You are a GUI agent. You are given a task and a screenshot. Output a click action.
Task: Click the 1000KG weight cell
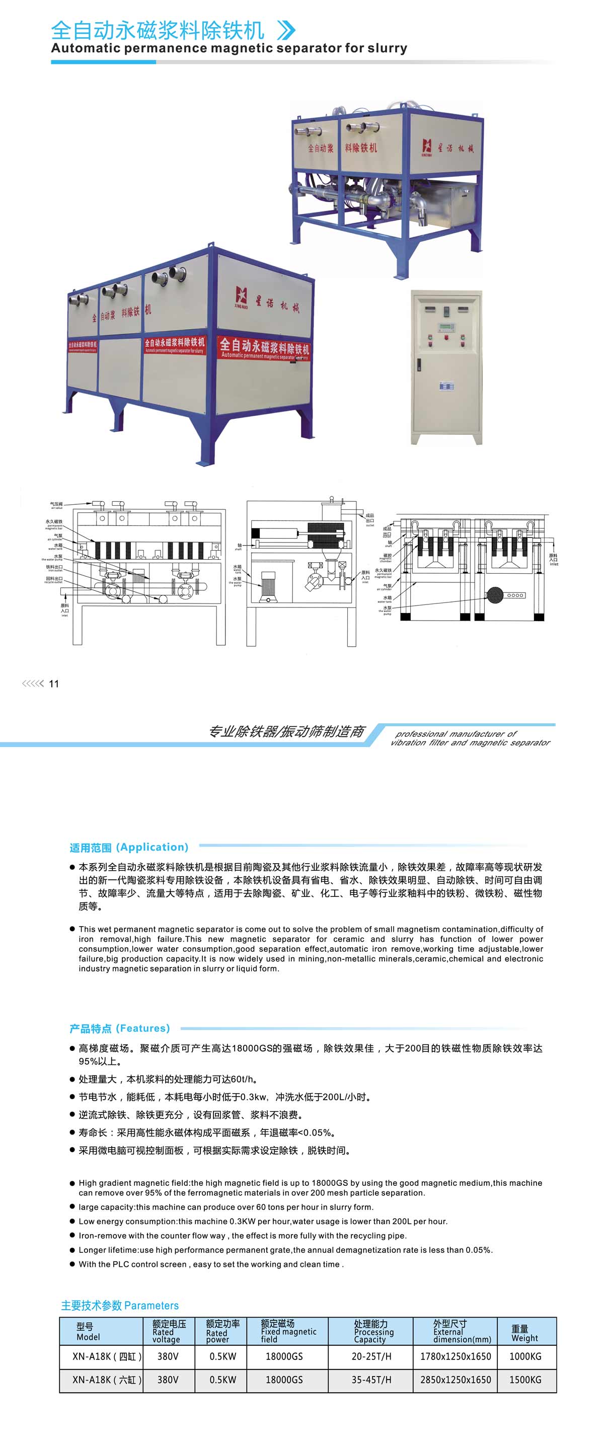click(524, 1356)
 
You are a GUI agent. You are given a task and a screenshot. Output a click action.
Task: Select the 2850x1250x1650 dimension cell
click(455, 1380)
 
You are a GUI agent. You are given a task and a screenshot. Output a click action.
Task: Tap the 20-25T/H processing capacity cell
click(371, 1356)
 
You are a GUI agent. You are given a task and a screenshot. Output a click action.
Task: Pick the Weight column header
click(524, 1333)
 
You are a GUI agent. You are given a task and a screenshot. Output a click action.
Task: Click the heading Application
click(129, 847)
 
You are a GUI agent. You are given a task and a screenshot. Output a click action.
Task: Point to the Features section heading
click(119, 1028)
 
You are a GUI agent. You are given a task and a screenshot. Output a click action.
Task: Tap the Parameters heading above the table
click(120, 1305)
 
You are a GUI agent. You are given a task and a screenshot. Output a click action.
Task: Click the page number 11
click(54, 684)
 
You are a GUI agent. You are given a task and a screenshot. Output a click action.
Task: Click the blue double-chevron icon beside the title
click(286, 30)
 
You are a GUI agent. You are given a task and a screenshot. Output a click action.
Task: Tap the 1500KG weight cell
click(524, 1380)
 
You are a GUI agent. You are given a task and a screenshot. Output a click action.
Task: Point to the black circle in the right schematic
click(495, 595)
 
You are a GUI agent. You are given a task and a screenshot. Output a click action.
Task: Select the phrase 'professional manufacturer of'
click(456, 733)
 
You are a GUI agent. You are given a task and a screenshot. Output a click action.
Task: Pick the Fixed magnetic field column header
click(288, 1331)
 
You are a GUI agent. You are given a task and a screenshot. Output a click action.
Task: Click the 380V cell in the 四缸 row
click(168, 1356)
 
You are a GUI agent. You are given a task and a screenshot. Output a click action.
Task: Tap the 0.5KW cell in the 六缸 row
click(222, 1380)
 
